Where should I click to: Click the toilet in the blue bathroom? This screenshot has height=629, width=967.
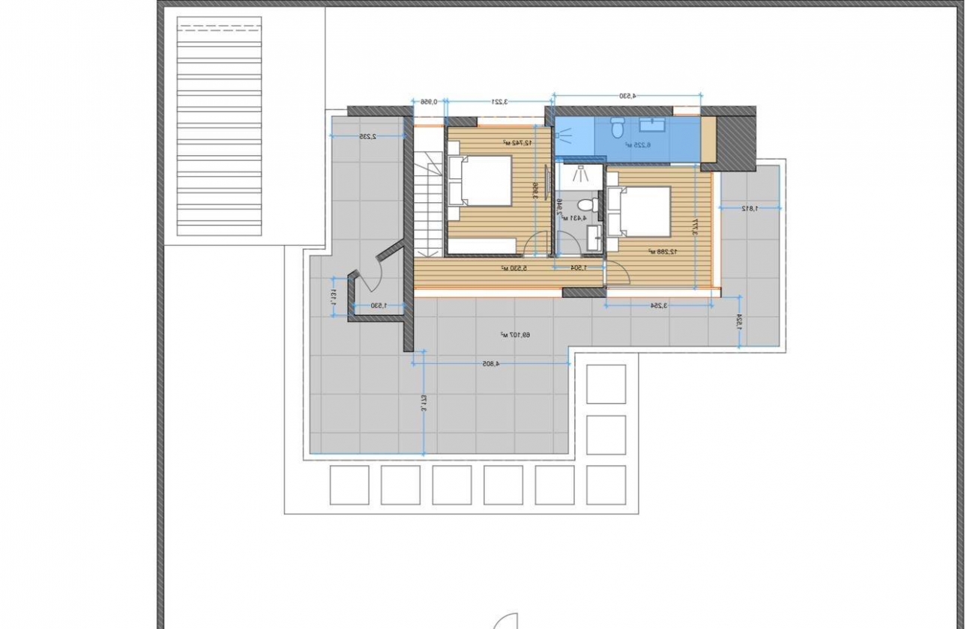[x=618, y=128]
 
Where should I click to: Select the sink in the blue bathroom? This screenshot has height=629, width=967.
[x=649, y=124]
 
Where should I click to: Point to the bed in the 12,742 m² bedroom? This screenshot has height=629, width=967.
[x=480, y=180]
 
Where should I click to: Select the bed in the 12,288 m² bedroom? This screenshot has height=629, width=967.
[x=638, y=210]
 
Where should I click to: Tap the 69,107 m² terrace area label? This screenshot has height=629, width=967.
[x=516, y=334]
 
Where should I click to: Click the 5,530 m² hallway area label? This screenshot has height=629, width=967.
[x=516, y=267]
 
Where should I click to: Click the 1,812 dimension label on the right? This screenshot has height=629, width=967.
[x=750, y=208]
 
